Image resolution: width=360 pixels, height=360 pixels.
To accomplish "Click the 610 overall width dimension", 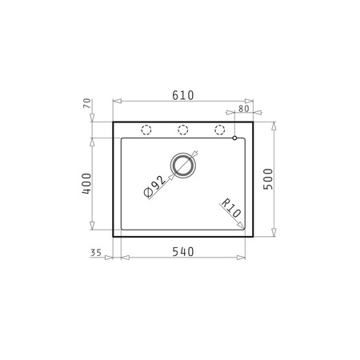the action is coord(183,95).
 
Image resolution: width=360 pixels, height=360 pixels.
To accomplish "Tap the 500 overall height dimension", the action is coord(268,179).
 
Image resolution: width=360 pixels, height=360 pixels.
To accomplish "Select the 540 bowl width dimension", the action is coord(183,252).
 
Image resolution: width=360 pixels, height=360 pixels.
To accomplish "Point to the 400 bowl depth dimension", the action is coord(86,183).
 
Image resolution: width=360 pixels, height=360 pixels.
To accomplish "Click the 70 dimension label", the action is coord(87,103).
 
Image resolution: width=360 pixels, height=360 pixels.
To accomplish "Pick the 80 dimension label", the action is coord(244,109).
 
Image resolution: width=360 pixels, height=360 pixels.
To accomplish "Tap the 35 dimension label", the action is coord(96,253).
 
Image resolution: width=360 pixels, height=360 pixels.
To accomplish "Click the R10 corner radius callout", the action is coord(231,208).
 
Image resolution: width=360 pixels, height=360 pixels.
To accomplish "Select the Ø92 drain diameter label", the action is coord(154,186).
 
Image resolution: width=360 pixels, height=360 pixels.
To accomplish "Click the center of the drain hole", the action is coord(183,166).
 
